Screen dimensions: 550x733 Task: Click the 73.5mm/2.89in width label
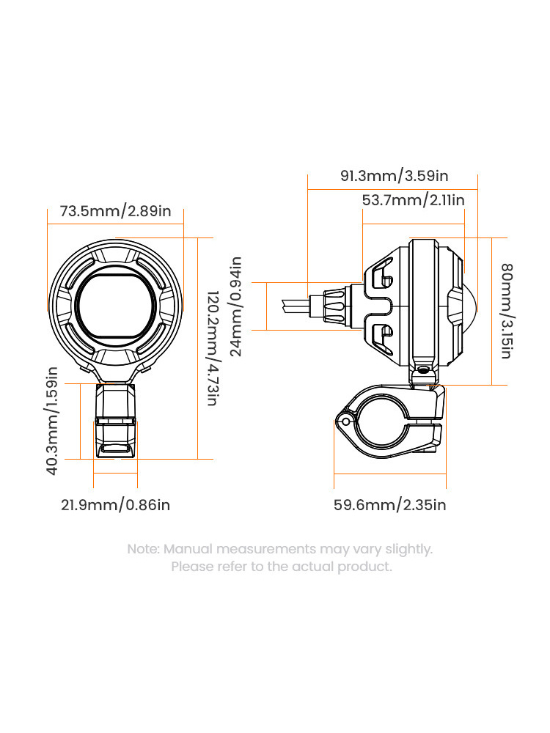pos(116,211)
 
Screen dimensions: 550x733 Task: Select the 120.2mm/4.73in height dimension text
pos(213,348)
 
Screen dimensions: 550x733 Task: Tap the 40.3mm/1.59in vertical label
pos(52,421)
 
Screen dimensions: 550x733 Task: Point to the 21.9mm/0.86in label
pos(116,505)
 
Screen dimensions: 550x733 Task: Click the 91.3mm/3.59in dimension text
pos(395,176)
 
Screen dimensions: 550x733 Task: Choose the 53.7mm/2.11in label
pos(414,200)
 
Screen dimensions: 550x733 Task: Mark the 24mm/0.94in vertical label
pos(236,306)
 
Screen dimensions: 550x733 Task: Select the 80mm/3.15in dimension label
pos(507,312)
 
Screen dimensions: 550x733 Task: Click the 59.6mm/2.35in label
pos(390,505)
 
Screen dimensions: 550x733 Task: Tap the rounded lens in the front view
pos(115,306)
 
